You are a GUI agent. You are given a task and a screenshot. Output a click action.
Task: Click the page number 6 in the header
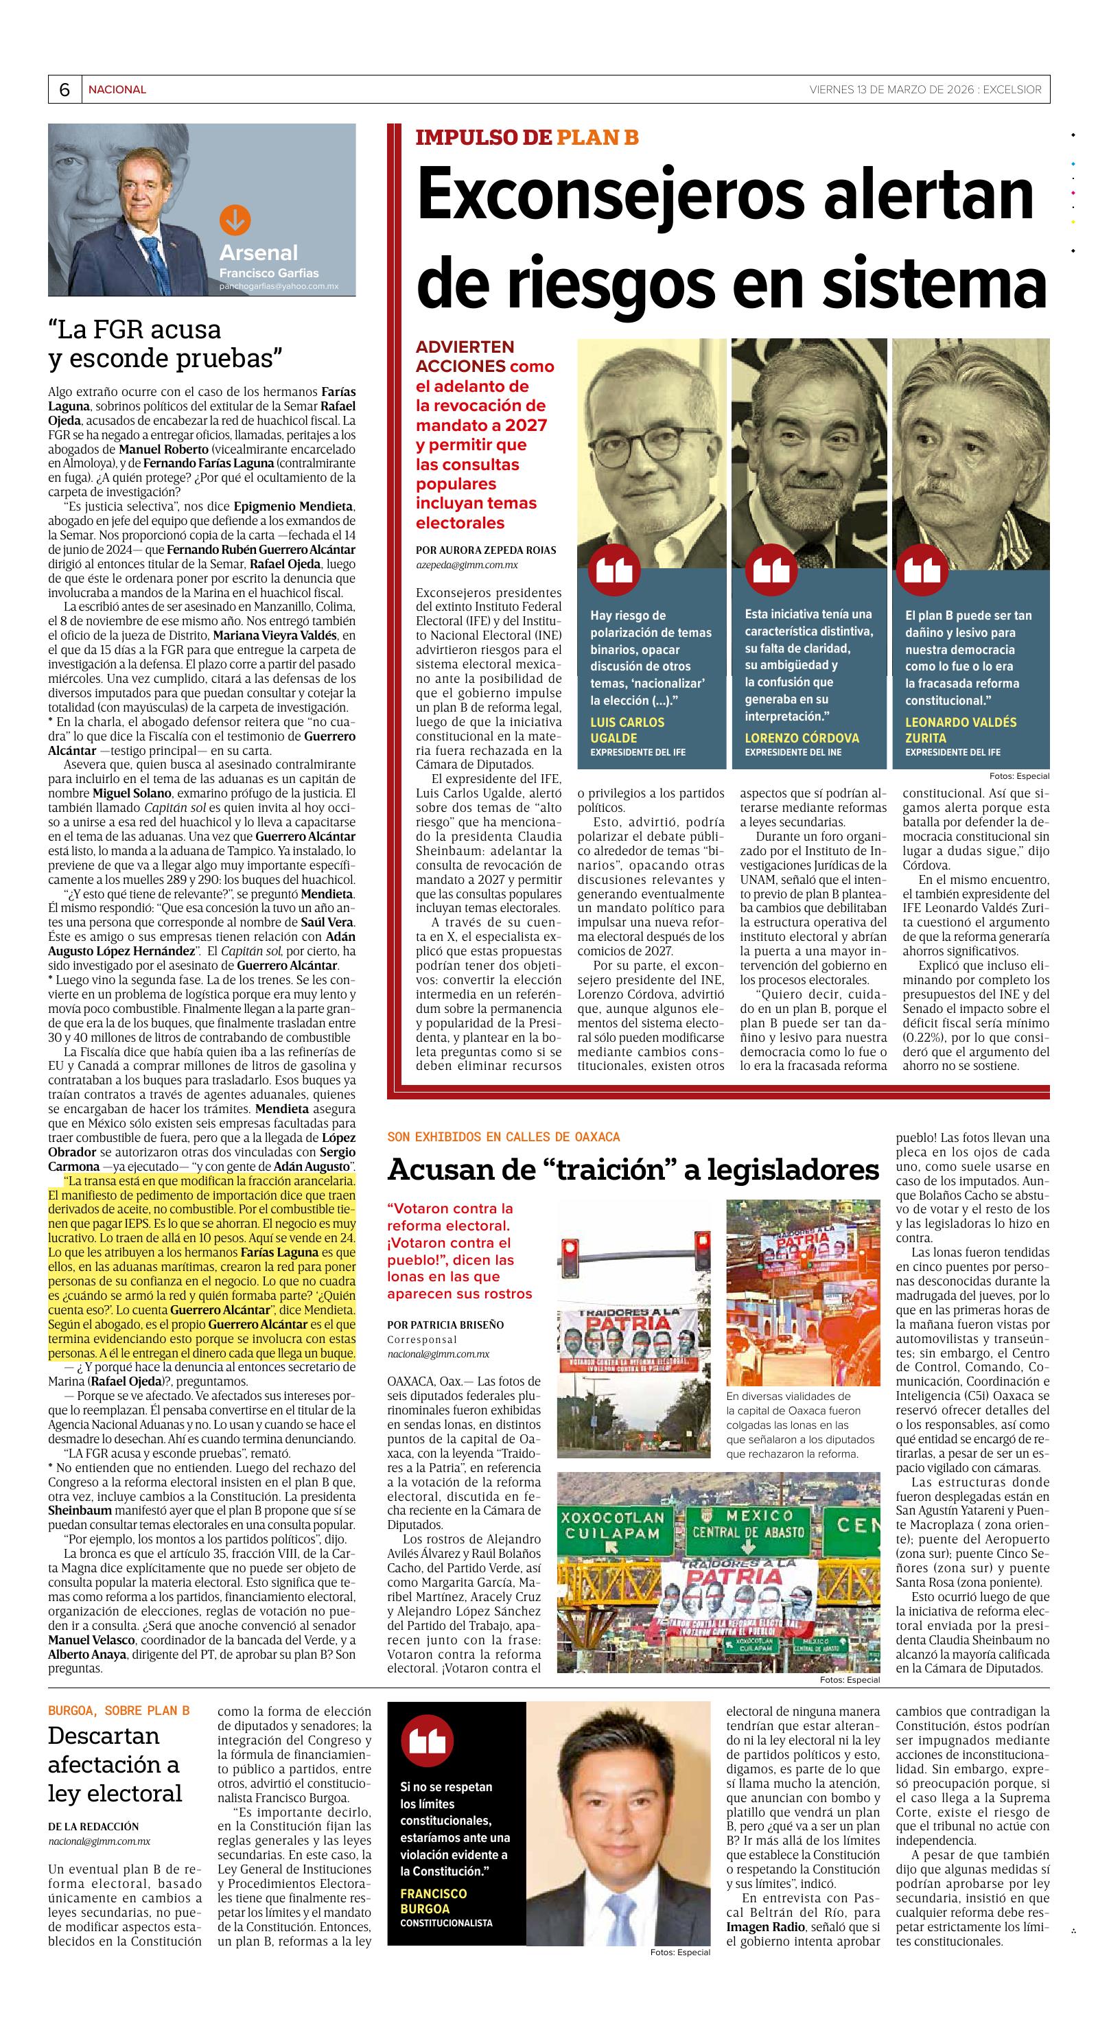pyautogui.click(x=64, y=90)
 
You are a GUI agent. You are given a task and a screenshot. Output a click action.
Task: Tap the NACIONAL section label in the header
pyautogui.click(x=117, y=90)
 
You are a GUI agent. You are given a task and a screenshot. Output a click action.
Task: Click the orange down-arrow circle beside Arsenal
pyautogui.click(x=233, y=220)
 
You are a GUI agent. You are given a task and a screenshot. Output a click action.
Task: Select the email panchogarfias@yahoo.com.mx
pyautogui.click(x=279, y=288)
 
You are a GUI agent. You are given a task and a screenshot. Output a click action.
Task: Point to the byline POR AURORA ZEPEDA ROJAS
pyautogui.click(x=485, y=550)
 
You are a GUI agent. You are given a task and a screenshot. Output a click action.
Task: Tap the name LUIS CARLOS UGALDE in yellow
pyautogui.click(x=627, y=730)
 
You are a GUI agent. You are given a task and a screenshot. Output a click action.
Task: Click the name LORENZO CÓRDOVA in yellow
pyautogui.click(x=802, y=738)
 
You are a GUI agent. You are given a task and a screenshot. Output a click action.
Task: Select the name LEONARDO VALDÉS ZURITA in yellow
pyautogui.click(x=961, y=730)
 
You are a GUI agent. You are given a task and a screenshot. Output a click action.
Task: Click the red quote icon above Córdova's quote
pyautogui.click(x=771, y=569)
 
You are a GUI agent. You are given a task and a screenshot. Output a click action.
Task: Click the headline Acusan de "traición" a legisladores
pyautogui.click(x=633, y=1169)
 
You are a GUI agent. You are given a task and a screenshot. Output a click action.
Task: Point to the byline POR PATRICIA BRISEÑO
pyautogui.click(x=445, y=1324)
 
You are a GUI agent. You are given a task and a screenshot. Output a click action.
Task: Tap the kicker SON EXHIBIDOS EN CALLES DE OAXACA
pyautogui.click(x=503, y=1136)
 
